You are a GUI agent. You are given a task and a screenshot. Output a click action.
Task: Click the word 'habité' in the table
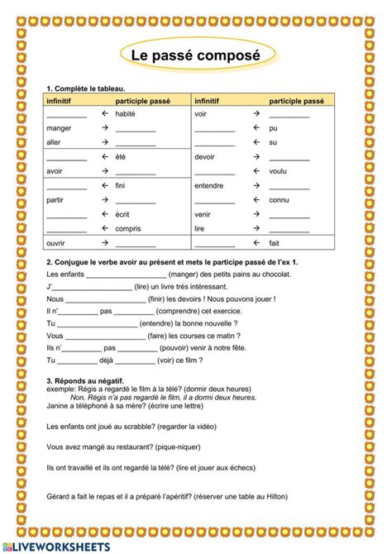[125, 113]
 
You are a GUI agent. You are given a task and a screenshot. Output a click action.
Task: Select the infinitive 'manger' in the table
[59, 128]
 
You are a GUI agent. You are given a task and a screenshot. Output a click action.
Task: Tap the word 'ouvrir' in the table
[56, 243]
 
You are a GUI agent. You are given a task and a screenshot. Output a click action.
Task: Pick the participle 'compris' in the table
[128, 228]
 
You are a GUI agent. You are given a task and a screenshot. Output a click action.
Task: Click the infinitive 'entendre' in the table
[208, 185]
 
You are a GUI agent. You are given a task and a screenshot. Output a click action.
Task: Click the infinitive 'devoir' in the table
[204, 156]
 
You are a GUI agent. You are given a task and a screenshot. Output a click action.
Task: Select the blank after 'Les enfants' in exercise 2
[125, 273]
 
